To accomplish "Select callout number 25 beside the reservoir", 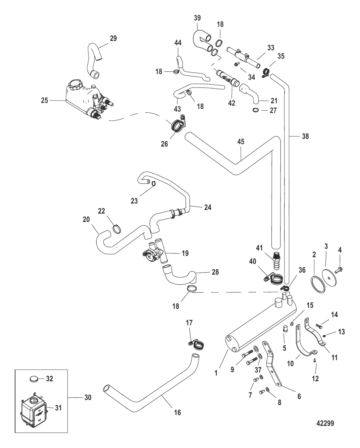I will pyautogui.click(x=45, y=100).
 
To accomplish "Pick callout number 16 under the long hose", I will pyautogui.click(x=177, y=412).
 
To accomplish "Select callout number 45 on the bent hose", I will pyautogui.click(x=241, y=142).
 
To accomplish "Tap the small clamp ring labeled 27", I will pyautogui.click(x=255, y=110).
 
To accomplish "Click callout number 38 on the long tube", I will pyautogui.click(x=305, y=136).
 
